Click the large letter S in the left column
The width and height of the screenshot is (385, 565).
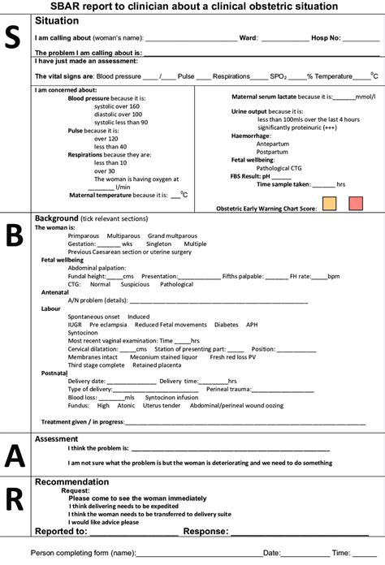[x=14, y=39]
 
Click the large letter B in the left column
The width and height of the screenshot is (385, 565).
[x=14, y=235]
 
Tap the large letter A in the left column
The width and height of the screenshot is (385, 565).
[x=14, y=455]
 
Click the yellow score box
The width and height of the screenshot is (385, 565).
[x=330, y=204]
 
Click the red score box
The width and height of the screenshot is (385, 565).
[x=356, y=204]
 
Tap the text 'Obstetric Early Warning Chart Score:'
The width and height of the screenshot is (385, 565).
[x=266, y=208]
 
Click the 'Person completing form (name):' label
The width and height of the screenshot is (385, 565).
[x=83, y=552]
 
